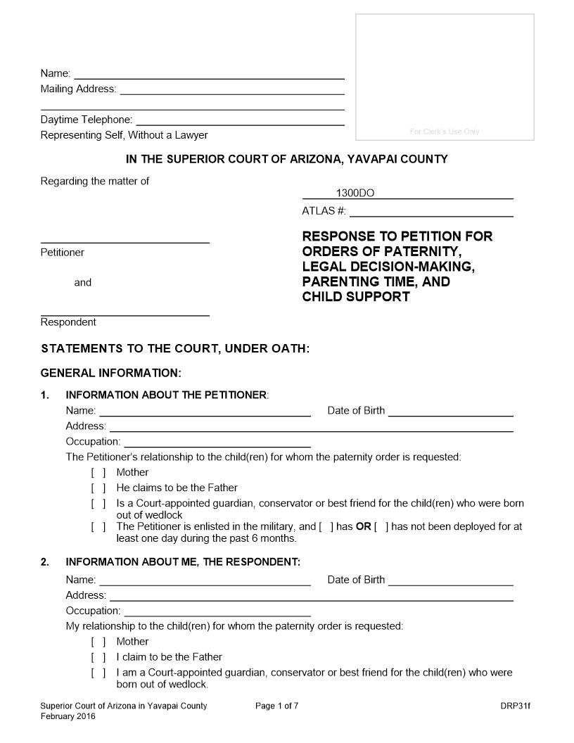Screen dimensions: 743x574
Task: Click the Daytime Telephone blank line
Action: pyautogui.click(x=239, y=121)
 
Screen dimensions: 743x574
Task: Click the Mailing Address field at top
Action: pyautogui.click(x=232, y=90)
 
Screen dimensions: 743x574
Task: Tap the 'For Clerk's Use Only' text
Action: pyautogui.click(x=444, y=132)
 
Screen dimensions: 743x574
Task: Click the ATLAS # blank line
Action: pyautogui.click(x=431, y=212)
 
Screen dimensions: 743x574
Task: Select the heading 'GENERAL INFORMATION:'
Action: pyautogui.click(x=111, y=372)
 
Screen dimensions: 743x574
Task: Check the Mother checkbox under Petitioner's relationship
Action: pyautogui.click(x=98, y=473)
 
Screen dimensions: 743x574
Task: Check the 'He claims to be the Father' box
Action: pyautogui.click(x=98, y=488)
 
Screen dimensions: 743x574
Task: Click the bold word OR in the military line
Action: pyautogui.click(x=363, y=526)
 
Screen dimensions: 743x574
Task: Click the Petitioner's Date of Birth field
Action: pyautogui.click(x=450, y=412)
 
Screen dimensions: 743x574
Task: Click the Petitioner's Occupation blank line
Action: pyautogui.click(x=217, y=443)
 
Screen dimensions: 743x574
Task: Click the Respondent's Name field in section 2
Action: pyautogui.click(x=205, y=580)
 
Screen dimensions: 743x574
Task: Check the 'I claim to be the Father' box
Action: pyautogui.click(x=98, y=657)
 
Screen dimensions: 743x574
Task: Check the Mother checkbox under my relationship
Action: pyautogui.click(x=98, y=642)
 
